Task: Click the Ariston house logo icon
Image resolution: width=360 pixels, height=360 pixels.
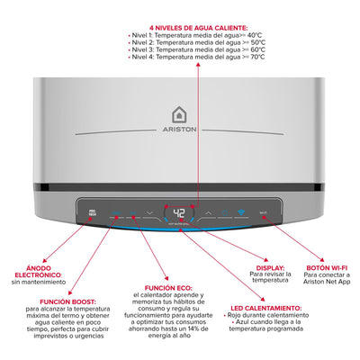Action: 179,114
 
